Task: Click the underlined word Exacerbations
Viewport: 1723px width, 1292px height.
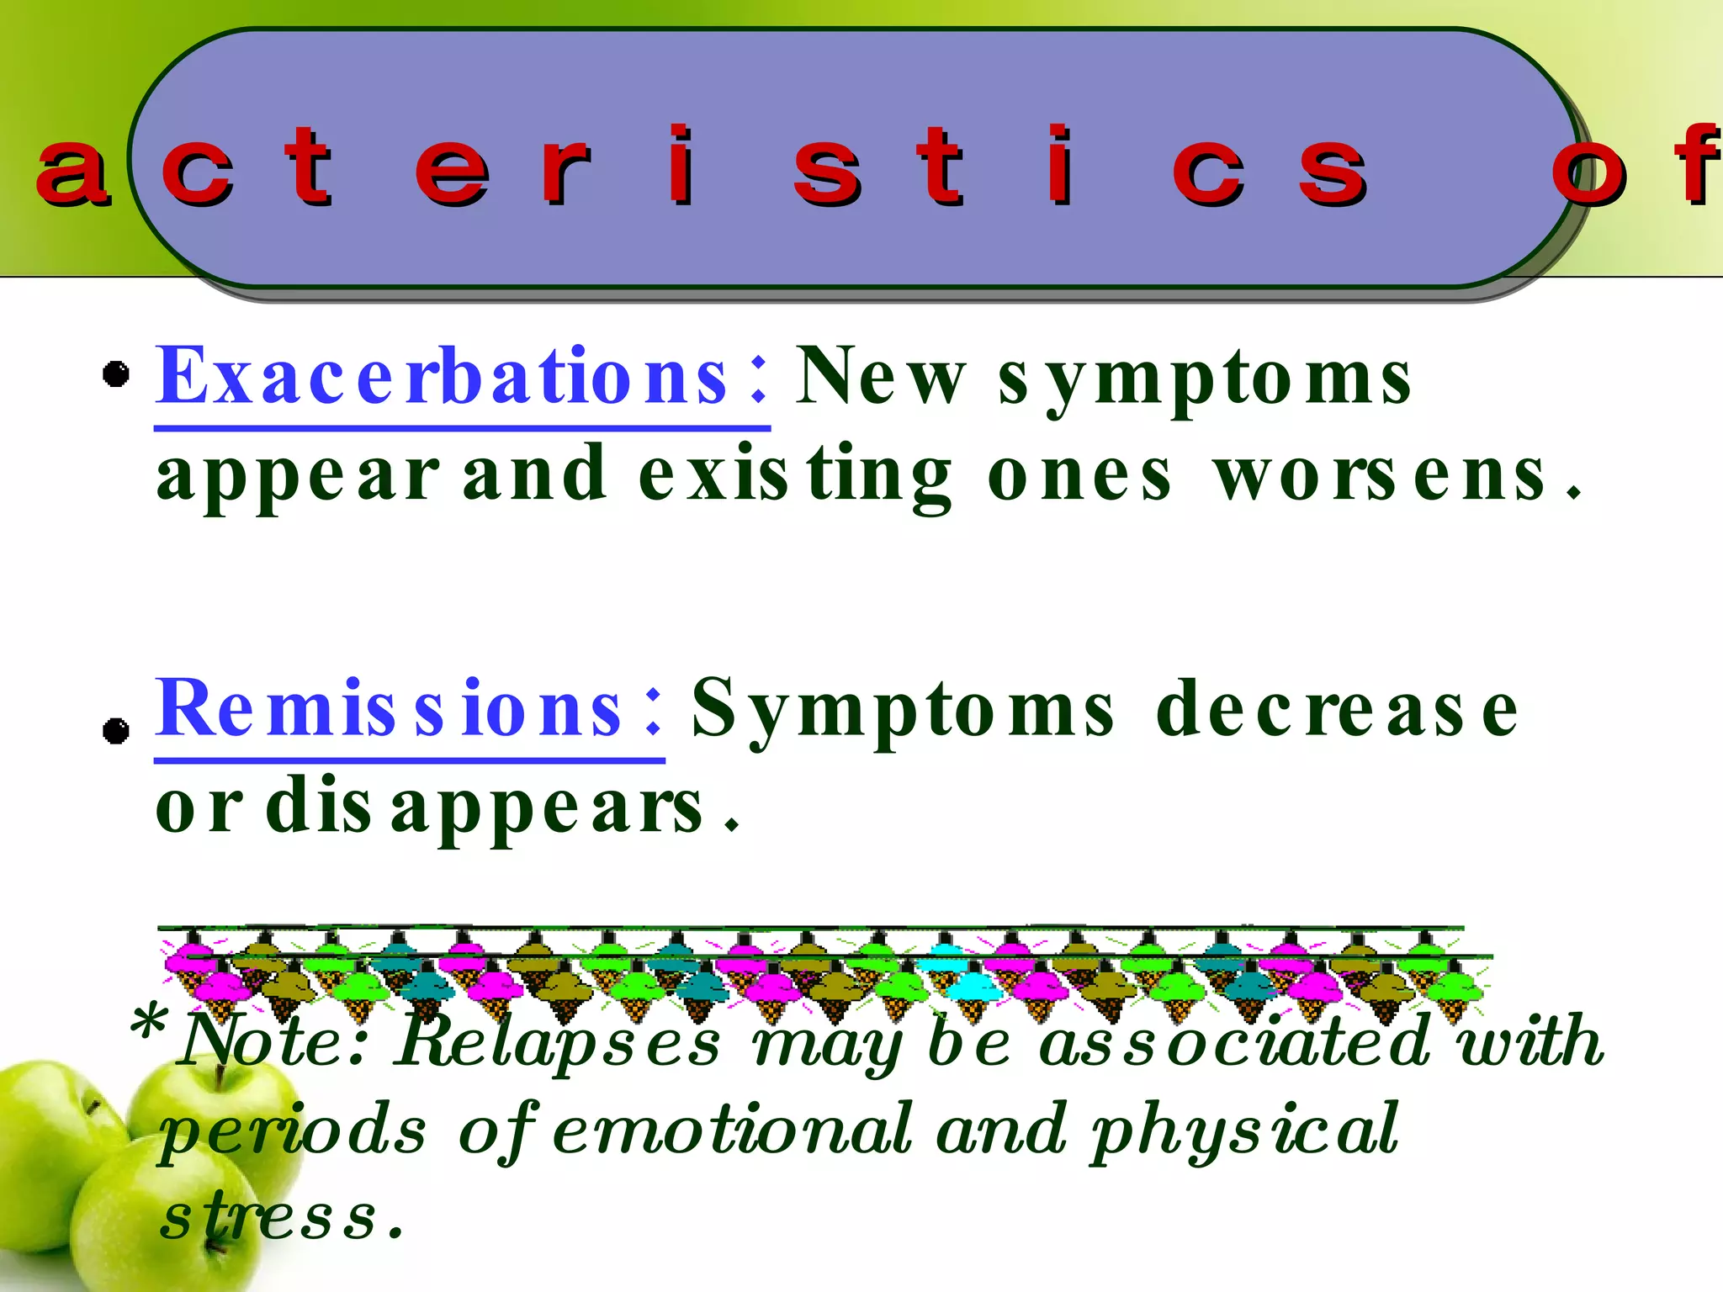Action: coord(442,376)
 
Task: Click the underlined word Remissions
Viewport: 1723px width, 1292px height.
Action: coord(389,708)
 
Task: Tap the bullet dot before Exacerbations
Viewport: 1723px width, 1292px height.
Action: coord(116,373)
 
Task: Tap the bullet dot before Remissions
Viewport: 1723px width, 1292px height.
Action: coord(116,730)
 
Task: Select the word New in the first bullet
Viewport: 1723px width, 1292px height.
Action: coord(880,376)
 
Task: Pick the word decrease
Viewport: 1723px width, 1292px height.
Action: coord(1338,709)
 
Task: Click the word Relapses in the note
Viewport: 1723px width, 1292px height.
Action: coord(559,1041)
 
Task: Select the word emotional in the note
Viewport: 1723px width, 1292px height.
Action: coord(732,1130)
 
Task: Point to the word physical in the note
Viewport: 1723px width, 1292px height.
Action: coord(1245,1130)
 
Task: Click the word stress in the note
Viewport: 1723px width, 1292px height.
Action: coord(269,1216)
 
